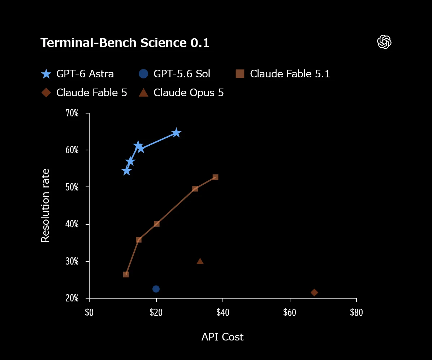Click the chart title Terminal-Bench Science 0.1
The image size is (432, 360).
pyautogui.click(x=125, y=43)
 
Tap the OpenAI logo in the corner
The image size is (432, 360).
pyautogui.click(x=384, y=42)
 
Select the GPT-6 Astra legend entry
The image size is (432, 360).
pyautogui.click(x=77, y=74)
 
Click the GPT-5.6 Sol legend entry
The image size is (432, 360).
pyautogui.click(x=174, y=74)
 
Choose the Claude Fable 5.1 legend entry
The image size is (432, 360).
pyautogui.click(x=283, y=74)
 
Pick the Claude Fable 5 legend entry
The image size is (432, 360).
pyautogui.click(x=84, y=93)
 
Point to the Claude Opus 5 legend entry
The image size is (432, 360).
pyautogui.click(x=181, y=93)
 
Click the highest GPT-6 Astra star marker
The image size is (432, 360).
pyautogui.click(x=176, y=133)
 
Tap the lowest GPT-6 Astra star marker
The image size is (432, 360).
pyautogui.click(x=126, y=171)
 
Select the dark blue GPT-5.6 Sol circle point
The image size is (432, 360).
pyautogui.click(x=156, y=289)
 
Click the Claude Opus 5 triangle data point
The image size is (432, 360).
pyautogui.click(x=200, y=261)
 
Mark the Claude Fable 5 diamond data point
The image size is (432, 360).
pyautogui.click(x=314, y=292)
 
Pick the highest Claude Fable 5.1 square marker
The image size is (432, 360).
pyautogui.click(x=215, y=177)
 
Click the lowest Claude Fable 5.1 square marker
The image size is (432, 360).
pyautogui.click(x=126, y=274)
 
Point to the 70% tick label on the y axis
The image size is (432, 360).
pyautogui.click(x=72, y=113)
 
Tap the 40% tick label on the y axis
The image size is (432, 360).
pyautogui.click(x=72, y=224)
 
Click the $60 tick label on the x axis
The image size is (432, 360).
pyautogui.click(x=290, y=312)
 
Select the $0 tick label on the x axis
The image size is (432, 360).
pyautogui.click(x=89, y=312)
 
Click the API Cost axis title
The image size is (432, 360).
pyautogui.click(x=223, y=337)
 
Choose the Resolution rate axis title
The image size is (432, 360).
pyautogui.click(x=45, y=205)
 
